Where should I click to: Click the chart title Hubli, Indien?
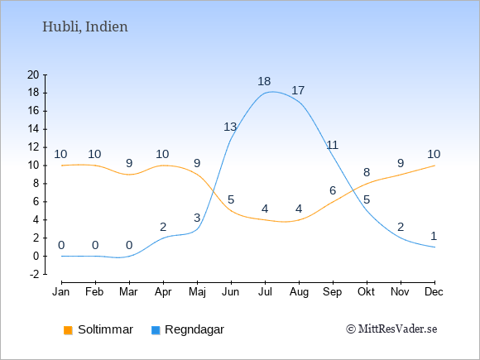pyautogui.click(x=84, y=27)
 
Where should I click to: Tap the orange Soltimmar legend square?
pyautogui.click(x=68, y=330)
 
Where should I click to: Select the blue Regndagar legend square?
pyautogui.click(x=156, y=330)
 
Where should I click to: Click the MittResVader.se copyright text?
pyautogui.click(x=391, y=329)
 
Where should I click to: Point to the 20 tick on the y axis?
pyautogui.click(x=33, y=74)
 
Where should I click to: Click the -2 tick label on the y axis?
pyautogui.click(x=34, y=274)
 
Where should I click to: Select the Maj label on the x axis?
pyautogui.click(x=197, y=292)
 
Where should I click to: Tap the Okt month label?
pyautogui.click(x=367, y=292)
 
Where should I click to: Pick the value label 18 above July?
pyautogui.click(x=264, y=81)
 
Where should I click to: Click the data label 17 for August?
pyautogui.click(x=298, y=90)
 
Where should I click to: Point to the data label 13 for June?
pyautogui.click(x=230, y=127)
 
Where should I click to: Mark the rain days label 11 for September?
pyautogui.click(x=333, y=145)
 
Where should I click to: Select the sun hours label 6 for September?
pyautogui.click(x=333, y=190)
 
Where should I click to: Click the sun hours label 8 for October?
pyautogui.click(x=367, y=172)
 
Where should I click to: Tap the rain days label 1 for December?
pyautogui.click(x=434, y=236)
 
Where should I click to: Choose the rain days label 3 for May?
pyautogui.click(x=197, y=218)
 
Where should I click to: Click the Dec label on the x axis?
pyautogui.click(x=434, y=292)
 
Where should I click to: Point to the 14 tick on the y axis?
pyautogui.click(x=33, y=129)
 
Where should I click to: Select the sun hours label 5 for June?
pyautogui.click(x=231, y=199)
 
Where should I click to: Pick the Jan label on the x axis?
pyautogui.click(x=61, y=292)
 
